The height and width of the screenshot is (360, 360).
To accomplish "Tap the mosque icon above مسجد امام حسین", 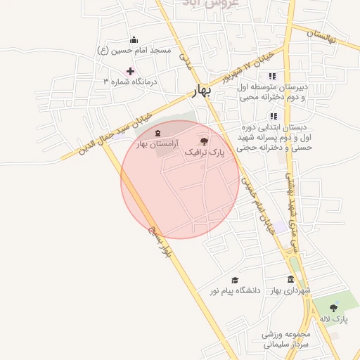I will tap(134, 39).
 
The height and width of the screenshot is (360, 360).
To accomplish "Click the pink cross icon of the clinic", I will tap(130, 71).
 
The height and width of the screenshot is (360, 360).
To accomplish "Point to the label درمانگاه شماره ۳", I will tap(131, 82).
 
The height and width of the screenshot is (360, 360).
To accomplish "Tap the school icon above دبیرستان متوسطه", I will tap(272, 76).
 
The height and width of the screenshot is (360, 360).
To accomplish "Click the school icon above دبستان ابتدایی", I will tap(273, 116).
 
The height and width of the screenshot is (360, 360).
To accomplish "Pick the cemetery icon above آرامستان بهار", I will tap(157, 132).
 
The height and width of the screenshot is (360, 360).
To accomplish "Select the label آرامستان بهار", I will tap(157, 143).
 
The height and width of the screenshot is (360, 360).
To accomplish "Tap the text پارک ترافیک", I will tap(204, 152).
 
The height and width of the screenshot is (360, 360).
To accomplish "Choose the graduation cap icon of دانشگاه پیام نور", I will tap(234, 280).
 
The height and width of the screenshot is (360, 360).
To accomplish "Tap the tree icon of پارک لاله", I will tap(333, 308).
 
